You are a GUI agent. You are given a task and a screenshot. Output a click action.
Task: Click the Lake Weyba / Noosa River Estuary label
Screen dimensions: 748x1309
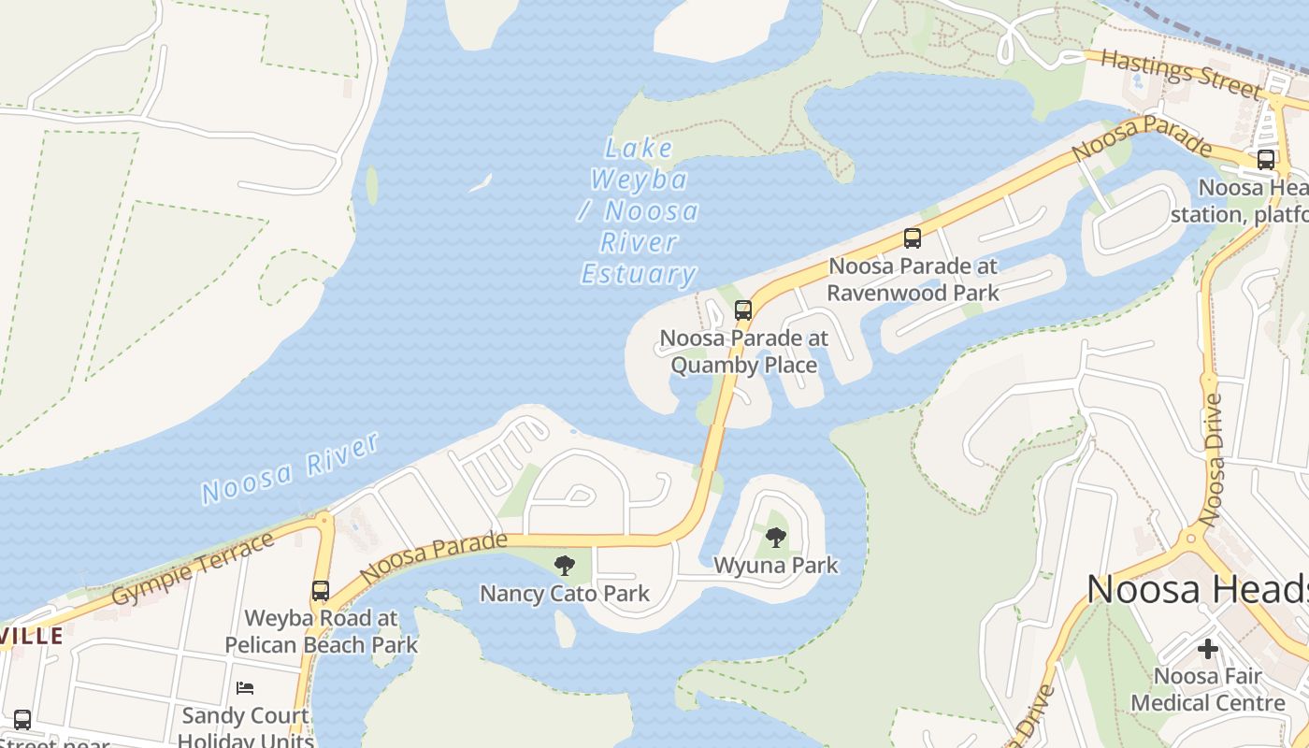(639, 211)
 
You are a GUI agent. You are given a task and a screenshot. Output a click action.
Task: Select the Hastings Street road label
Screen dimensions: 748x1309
(1181, 73)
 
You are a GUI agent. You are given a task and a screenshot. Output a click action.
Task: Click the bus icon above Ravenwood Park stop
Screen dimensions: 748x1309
(913, 238)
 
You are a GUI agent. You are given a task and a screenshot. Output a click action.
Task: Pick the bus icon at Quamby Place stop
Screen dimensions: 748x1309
(743, 310)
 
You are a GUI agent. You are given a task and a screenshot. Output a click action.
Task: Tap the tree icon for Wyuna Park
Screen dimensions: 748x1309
(775, 538)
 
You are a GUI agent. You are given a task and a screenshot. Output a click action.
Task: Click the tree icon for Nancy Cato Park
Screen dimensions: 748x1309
(564, 565)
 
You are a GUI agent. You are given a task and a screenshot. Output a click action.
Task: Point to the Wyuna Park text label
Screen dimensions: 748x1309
(776, 566)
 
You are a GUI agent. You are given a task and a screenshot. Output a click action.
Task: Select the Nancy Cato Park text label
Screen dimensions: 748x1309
(564, 594)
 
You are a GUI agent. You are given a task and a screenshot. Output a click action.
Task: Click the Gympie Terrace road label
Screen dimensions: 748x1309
(193, 568)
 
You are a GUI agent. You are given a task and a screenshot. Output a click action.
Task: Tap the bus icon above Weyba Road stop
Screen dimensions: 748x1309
(321, 591)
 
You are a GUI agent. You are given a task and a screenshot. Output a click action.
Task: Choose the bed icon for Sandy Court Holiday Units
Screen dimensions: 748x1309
(245, 688)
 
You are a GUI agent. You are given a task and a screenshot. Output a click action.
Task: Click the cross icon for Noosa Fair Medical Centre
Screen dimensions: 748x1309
(1208, 648)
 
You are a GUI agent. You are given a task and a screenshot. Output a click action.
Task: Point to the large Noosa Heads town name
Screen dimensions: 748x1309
(1197, 590)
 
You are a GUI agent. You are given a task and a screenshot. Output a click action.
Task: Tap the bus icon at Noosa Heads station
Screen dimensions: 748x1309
(1266, 160)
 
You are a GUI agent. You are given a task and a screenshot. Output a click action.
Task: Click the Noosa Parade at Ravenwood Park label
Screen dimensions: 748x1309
(913, 280)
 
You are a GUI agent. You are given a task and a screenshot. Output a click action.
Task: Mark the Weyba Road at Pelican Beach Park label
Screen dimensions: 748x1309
(321, 631)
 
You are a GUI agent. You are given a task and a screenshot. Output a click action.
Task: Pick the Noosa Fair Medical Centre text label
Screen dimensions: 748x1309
(1208, 689)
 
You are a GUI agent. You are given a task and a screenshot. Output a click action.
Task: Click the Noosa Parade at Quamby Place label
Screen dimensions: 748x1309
(744, 352)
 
